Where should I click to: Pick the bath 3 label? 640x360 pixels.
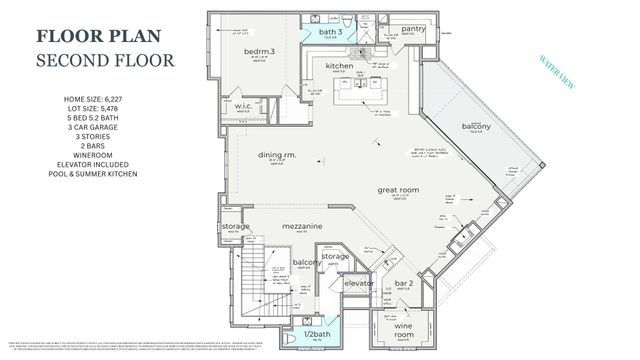tap(331, 32)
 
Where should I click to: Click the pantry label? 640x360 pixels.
tap(413, 29)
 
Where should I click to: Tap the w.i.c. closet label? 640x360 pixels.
tap(243, 106)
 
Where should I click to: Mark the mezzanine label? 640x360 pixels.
tap(301, 227)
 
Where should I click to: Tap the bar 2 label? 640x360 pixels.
tap(404, 283)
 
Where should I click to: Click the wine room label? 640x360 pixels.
tap(403, 330)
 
